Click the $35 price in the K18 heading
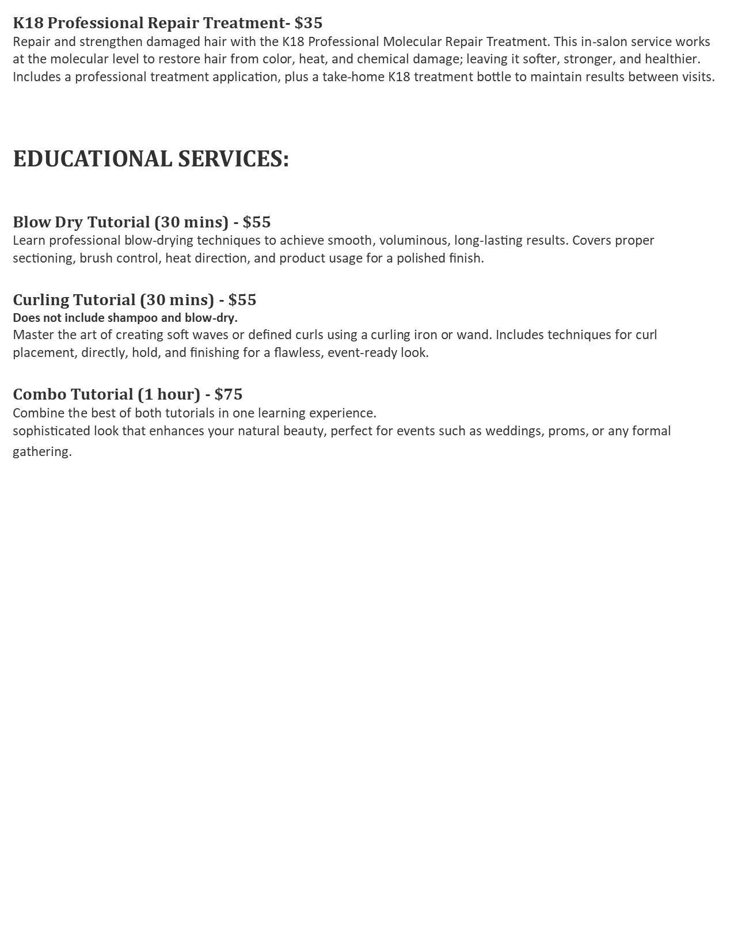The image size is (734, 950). [x=309, y=23]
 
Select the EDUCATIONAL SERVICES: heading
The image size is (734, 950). [x=151, y=159]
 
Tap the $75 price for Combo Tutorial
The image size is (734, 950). [x=229, y=394]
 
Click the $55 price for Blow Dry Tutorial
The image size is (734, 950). [x=257, y=222]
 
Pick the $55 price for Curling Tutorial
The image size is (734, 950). [x=242, y=300]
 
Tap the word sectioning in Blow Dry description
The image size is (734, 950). [x=43, y=259]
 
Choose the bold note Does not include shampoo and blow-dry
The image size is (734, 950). [x=125, y=318]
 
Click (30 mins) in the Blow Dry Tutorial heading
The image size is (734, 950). [x=191, y=222]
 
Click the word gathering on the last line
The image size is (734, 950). [x=41, y=452]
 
